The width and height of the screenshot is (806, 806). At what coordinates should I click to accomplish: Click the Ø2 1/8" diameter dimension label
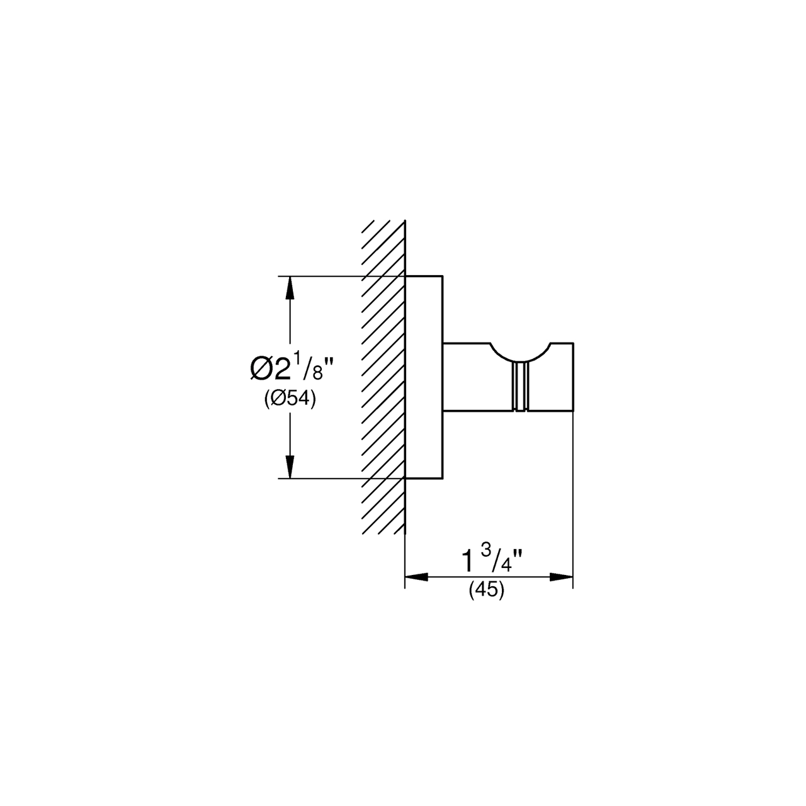coord(292,366)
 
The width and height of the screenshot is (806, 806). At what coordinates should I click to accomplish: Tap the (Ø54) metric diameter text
coord(290,400)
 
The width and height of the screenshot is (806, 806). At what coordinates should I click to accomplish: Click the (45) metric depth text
coord(487,590)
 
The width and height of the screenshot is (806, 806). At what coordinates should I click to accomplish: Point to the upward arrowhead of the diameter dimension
coord(289,288)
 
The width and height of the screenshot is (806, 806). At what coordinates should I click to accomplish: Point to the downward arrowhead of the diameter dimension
coord(289,467)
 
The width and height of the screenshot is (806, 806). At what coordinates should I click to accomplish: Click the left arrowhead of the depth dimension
coord(417,577)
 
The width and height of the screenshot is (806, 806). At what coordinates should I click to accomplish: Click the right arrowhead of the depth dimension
coord(561,577)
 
